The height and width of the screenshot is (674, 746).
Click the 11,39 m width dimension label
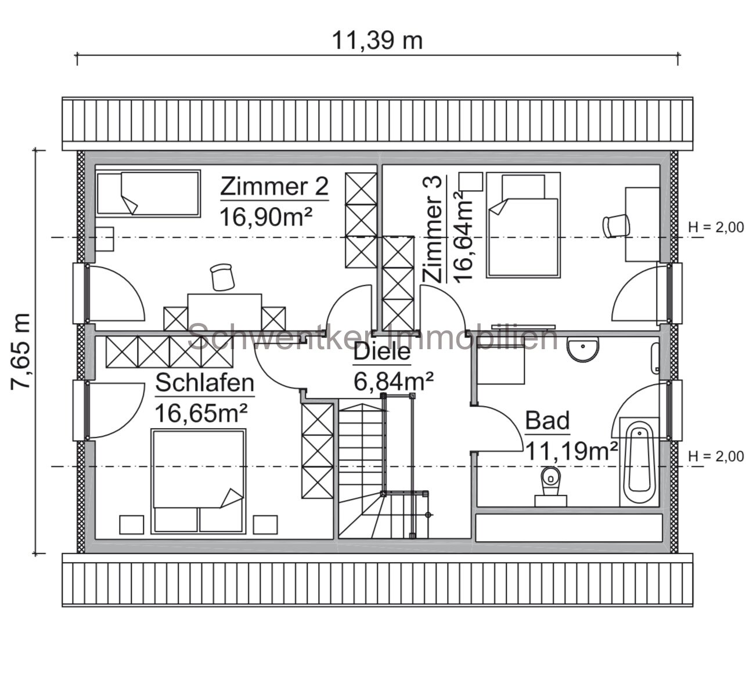(x=377, y=41)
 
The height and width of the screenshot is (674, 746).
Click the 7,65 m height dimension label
(x=21, y=352)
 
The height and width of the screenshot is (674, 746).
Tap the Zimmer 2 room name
(x=274, y=187)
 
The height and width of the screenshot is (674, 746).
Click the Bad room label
(x=547, y=421)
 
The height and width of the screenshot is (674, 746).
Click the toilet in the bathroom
(x=550, y=483)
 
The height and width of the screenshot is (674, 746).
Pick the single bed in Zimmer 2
(x=147, y=193)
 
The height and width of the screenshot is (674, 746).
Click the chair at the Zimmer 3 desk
(x=615, y=225)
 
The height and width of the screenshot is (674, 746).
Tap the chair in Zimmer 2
(x=222, y=276)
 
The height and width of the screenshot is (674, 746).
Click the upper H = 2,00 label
(x=715, y=227)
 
